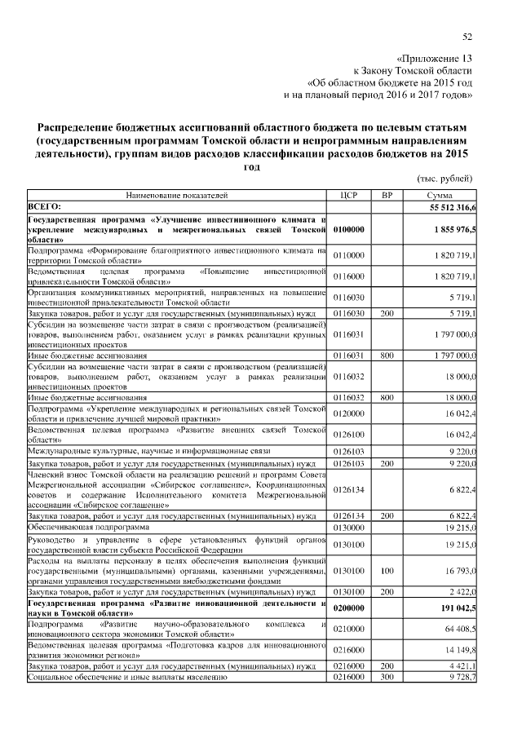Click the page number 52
[467, 37]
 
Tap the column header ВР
[387, 196]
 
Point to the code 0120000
[348, 413]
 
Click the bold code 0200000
[348, 608]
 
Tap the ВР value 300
[387, 677]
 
